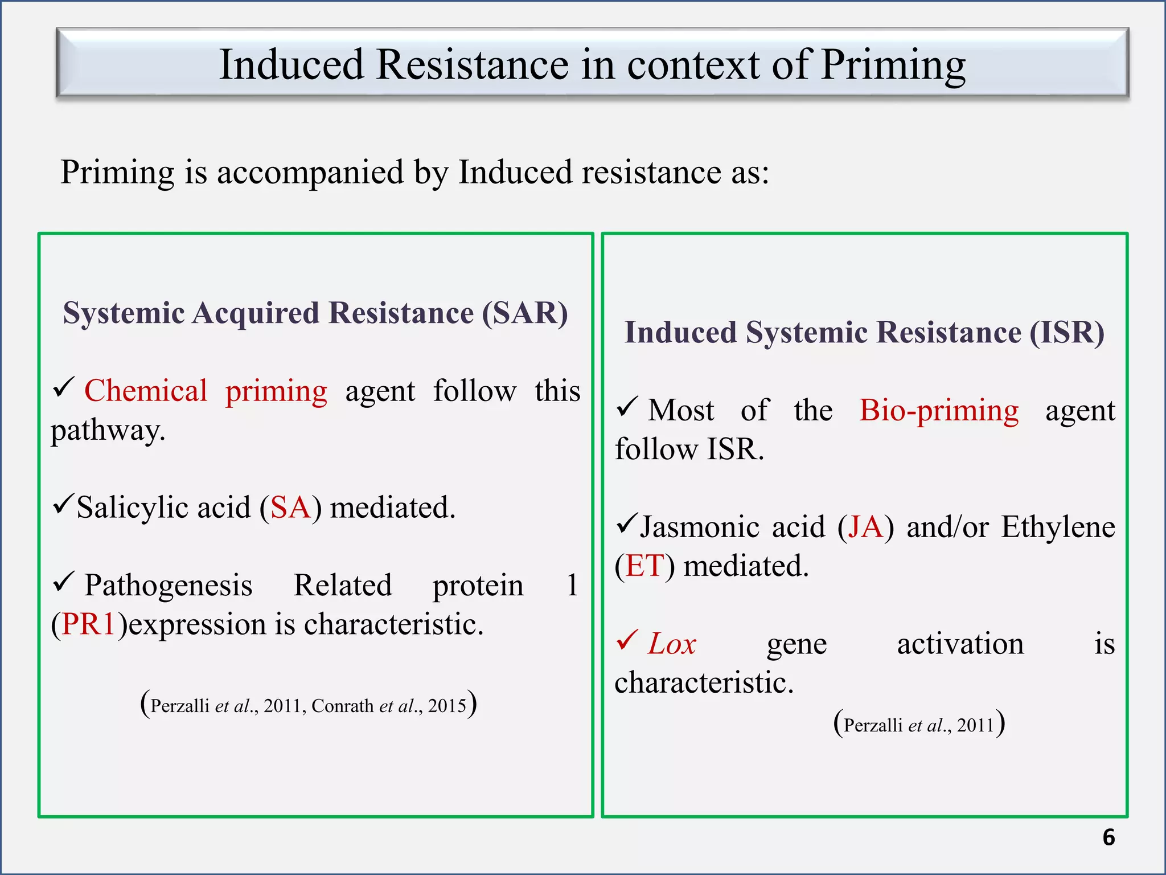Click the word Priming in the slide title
click(x=893, y=66)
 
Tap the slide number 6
click(x=1108, y=837)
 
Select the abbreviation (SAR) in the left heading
click(x=525, y=313)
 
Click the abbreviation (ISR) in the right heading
click(x=1067, y=332)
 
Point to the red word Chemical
click(x=146, y=391)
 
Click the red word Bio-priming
click(x=939, y=410)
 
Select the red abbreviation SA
click(x=290, y=507)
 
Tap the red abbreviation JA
click(x=865, y=527)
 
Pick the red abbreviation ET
click(x=645, y=566)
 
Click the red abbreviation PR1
click(x=89, y=624)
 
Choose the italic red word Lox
click(x=672, y=644)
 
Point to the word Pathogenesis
click(x=169, y=585)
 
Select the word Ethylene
click(x=1058, y=527)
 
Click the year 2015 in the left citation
click(x=447, y=706)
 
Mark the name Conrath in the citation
click(x=343, y=706)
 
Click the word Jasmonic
click(x=732, y=527)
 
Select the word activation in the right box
click(x=960, y=644)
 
